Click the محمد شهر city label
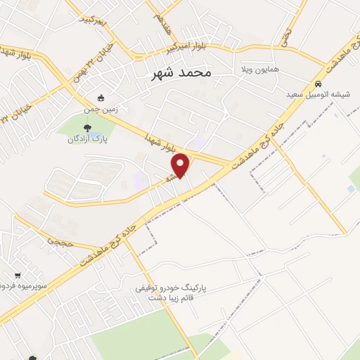coord(181,72)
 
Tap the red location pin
coord(181,165)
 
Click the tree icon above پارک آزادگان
coord(88,127)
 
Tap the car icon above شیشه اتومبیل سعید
coord(318,82)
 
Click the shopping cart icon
coord(18,275)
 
